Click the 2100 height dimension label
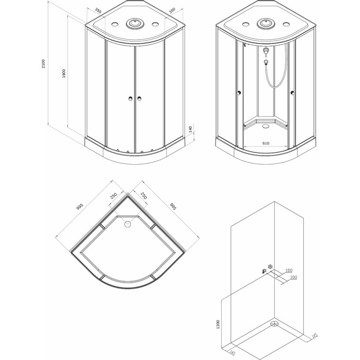pyautogui.click(x=43, y=64)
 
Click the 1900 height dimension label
pyautogui.click(x=64, y=74)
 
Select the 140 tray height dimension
pyautogui.click(x=190, y=129)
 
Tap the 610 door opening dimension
pyautogui.click(x=266, y=143)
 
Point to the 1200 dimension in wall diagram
pyautogui.click(x=218, y=324)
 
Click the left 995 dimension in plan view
pyautogui.click(x=79, y=207)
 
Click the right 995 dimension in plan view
pyautogui.click(x=173, y=206)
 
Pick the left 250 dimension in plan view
pyautogui.click(x=113, y=195)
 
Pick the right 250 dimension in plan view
pyautogui.click(x=143, y=195)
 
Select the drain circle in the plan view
pyautogui.click(x=128, y=224)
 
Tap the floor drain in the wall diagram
pyautogui.click(x=274, y=323)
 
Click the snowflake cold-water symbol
pyautogui.click(x=271, y=267)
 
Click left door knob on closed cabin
pyautogui.click(x=131, y=98)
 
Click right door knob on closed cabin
pyautogui.click(x=139, y=98)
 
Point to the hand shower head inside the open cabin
pyautogui.click(x=266, y=62)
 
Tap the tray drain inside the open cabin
pyautogui.click(x=266, y=126)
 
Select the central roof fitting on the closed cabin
pyautogui.click(x=135, y=23)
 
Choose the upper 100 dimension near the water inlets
pyautogui.click(x=289, y=270)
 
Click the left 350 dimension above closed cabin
pyautogui.click(x=98, y=11)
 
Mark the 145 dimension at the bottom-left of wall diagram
pyautogui.click(x=232, y=353)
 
